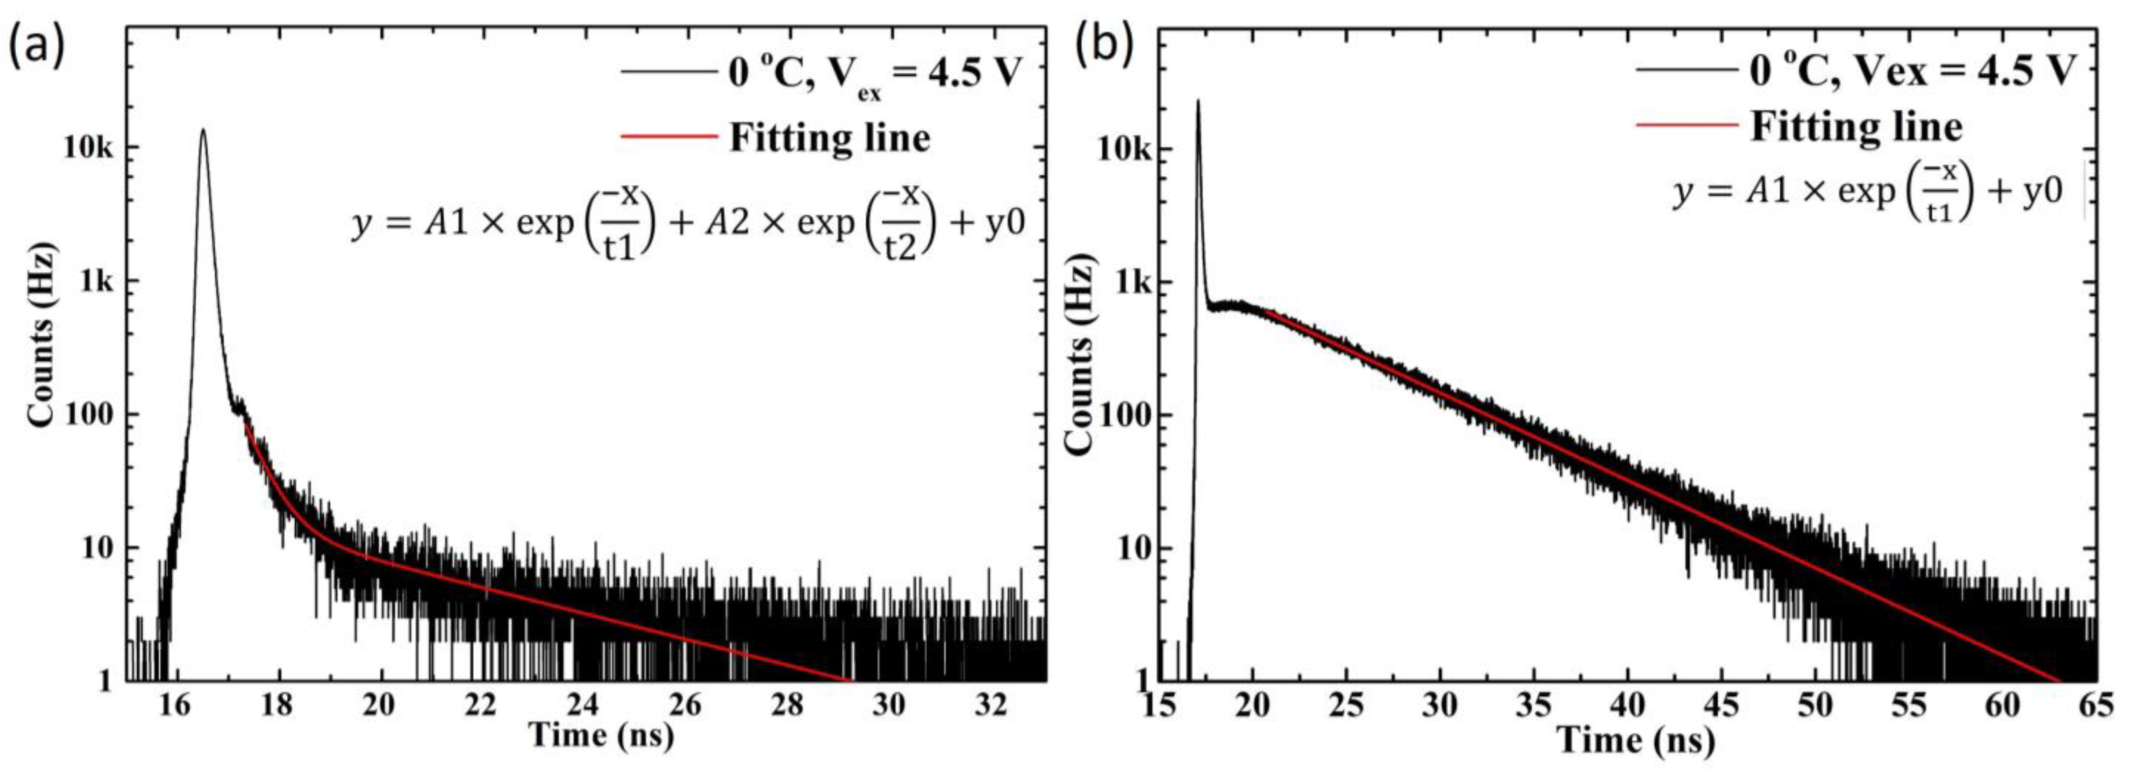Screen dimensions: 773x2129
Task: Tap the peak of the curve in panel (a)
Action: (203, 130)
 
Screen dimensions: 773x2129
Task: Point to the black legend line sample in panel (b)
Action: (1685, 68)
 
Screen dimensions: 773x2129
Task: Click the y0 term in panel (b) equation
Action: (2041, 192)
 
